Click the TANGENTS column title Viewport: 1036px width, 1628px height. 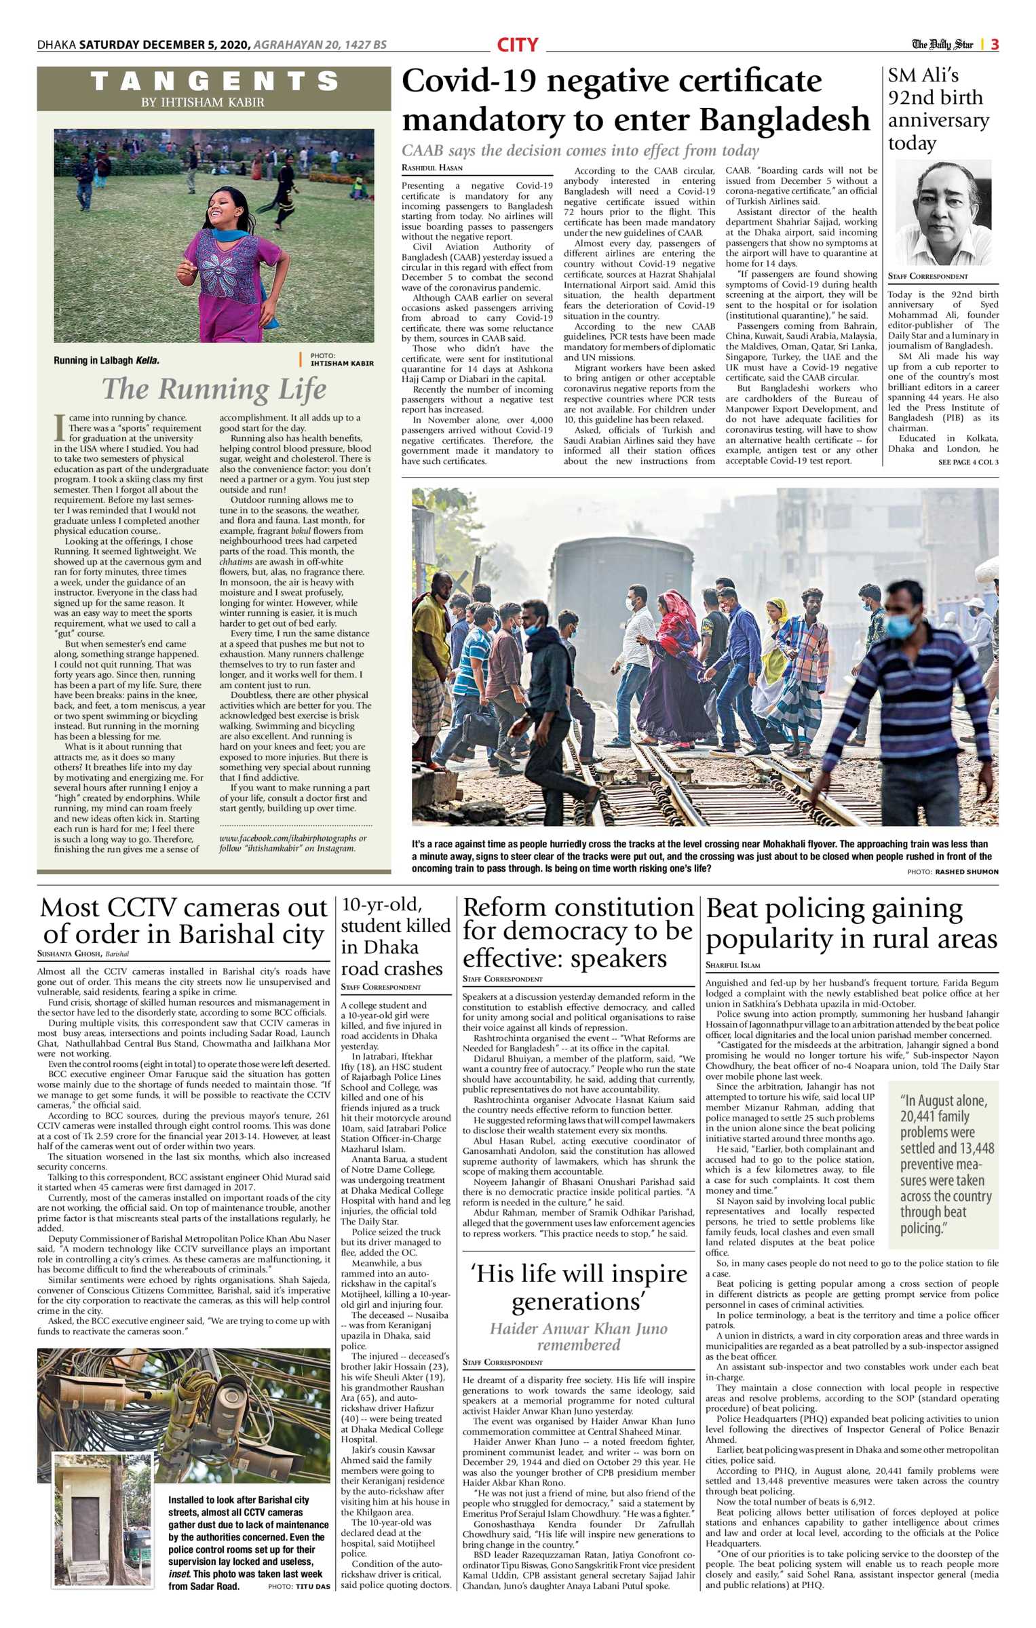[x=214, y=81]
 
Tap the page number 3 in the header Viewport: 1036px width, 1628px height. [x=994, y=45]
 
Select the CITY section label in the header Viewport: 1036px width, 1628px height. [x=517, y=45]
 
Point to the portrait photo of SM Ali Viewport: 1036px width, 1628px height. [x=943, y=212]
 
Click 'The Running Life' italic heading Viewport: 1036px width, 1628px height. [x=214, y=389]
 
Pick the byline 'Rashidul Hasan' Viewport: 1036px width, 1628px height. [x=432, y=168]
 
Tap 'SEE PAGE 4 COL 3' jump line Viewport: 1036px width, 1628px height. [x=968, y=462]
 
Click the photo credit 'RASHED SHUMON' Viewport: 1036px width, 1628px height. [x=966, y=872]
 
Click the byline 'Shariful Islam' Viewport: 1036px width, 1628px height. [x=733, y=965]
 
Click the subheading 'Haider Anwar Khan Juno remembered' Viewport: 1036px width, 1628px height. [x=578, y=1336]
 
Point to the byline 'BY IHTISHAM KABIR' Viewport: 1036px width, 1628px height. [x=212, y=102]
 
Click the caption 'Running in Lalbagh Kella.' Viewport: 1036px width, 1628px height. [x=107, y=361]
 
